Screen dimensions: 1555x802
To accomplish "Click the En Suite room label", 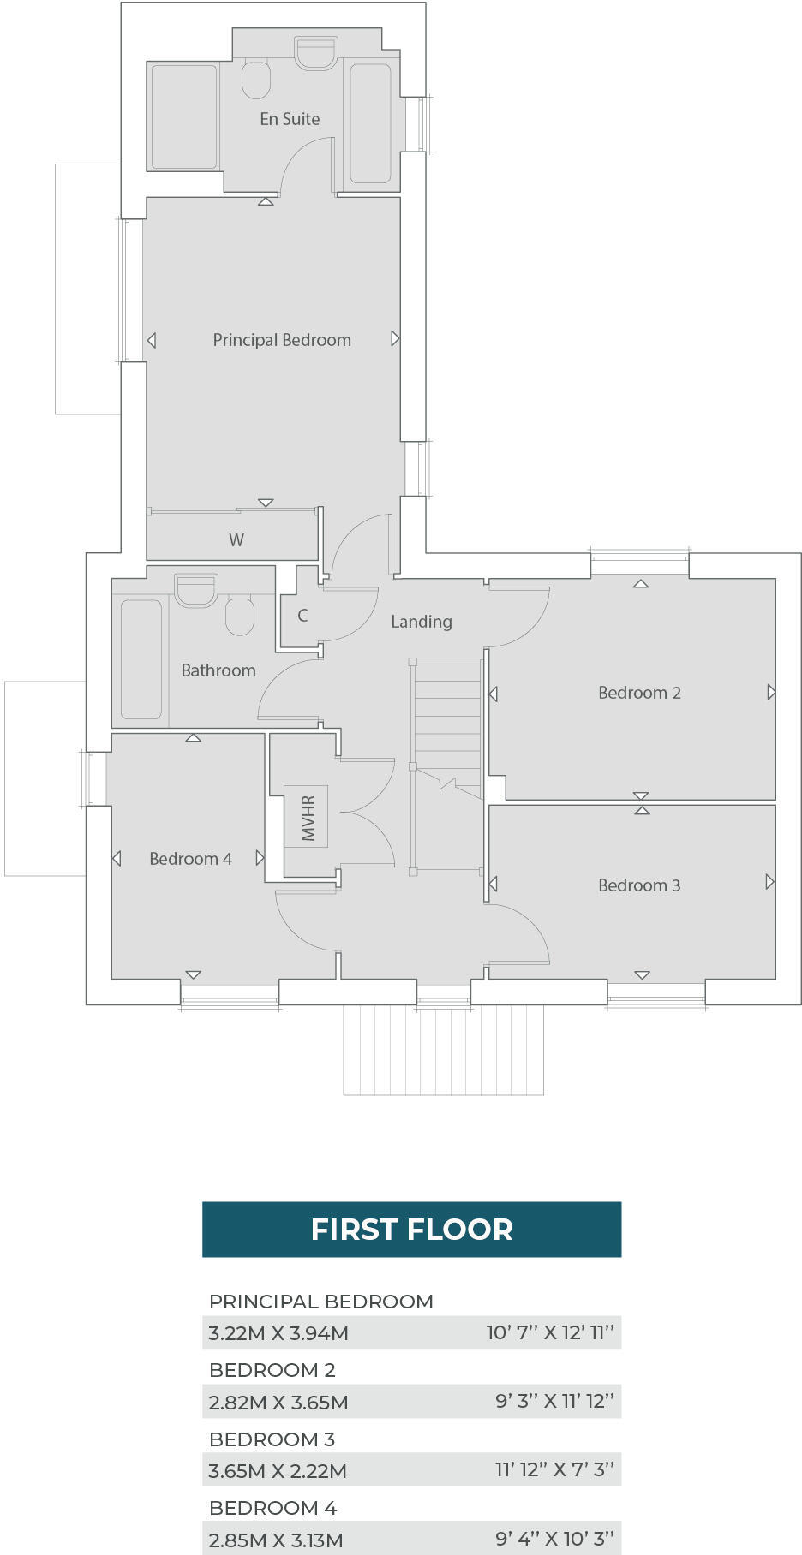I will point(290,119).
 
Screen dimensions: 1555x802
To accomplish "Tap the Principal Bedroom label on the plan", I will point(282,340).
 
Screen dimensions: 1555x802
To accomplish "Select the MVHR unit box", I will point(306,816).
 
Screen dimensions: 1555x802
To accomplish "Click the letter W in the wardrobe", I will point(236,540).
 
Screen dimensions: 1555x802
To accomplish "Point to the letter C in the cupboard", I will point(302,616).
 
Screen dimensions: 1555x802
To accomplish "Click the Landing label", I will point(421,622).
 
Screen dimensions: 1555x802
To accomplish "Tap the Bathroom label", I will point(218,670).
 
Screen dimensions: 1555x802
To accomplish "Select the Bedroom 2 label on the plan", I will point(639,693).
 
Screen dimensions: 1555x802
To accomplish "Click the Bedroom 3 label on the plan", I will point(639,885).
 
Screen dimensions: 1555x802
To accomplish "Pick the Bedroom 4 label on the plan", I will point(190,859).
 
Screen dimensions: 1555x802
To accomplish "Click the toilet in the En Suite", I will point(256,79).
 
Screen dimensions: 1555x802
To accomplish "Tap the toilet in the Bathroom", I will point(240,616).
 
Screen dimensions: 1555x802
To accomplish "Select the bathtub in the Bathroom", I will point(141,659).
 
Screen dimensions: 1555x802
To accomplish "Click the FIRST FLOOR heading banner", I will point(411,1230).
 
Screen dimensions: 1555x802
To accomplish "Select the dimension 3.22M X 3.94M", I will point(278,1333).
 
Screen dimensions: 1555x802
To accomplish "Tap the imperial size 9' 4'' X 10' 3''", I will point(554,1539).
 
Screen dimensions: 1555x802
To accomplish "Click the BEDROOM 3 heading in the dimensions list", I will point(272,1439).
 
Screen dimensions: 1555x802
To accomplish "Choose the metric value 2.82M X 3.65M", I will point(278,1403).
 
